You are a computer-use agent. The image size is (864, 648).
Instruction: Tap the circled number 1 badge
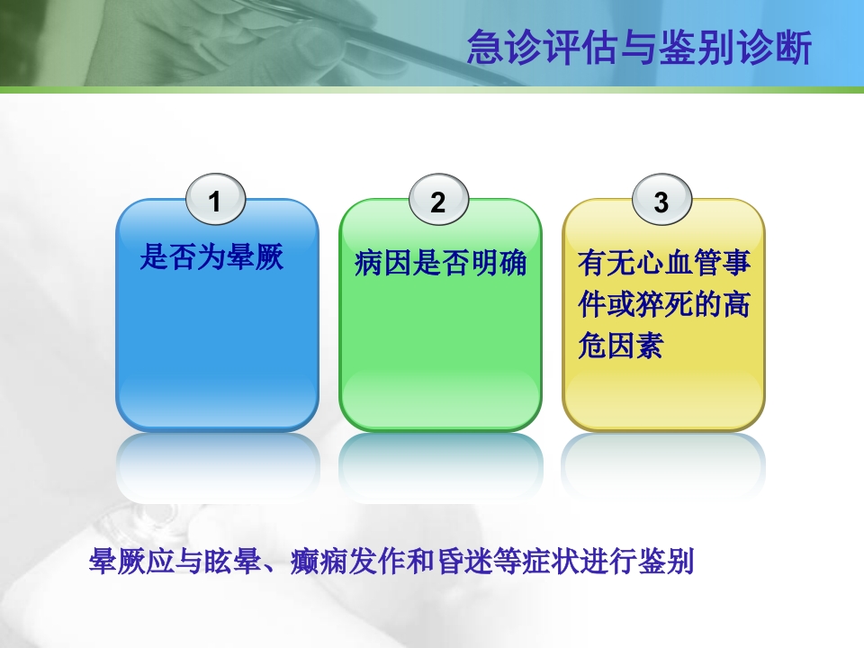point(214,202)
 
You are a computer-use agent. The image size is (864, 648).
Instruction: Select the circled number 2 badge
point(438,202)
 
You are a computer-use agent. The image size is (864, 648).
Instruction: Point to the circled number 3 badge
point(661,202)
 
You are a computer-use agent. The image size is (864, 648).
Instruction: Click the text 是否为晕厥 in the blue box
point(211,259)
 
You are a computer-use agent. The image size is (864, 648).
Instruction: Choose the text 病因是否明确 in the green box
point(440,265)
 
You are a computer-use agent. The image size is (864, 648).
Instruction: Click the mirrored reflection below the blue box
point(217,463)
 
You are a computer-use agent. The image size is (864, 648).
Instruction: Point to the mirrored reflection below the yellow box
point(663,463)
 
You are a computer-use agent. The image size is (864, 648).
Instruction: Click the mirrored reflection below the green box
point(440,463)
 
